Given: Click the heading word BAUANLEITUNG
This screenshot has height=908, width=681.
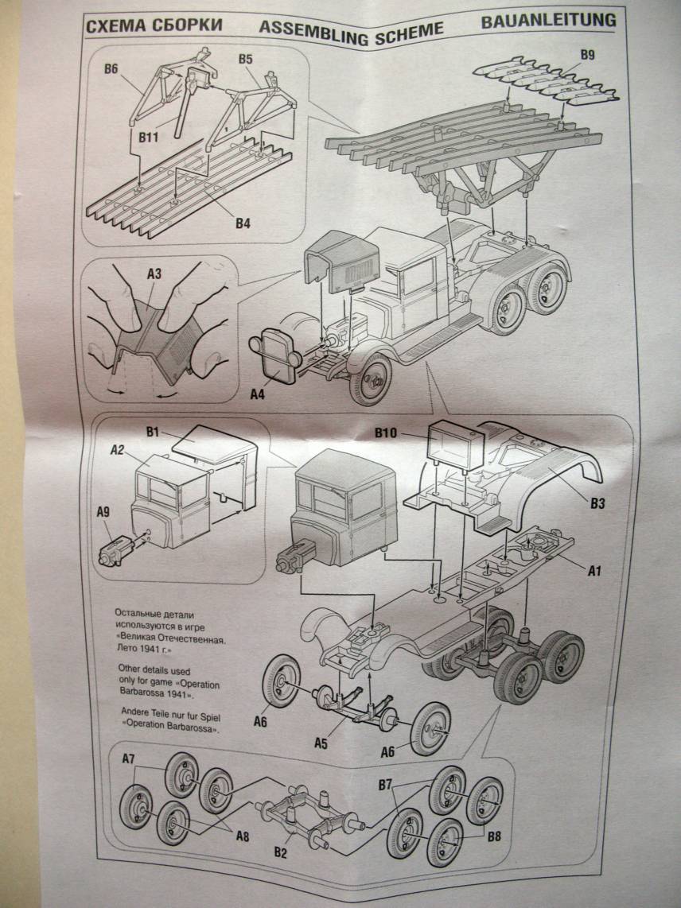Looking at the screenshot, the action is [548, 21].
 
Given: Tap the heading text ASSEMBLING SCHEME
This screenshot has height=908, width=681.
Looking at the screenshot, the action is [351, 29].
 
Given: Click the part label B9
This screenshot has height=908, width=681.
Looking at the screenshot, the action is [587, 55].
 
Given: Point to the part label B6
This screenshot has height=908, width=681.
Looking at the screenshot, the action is [111, 69].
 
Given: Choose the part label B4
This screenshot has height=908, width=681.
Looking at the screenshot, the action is [243, 223].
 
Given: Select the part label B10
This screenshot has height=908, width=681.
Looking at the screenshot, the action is [390, 434].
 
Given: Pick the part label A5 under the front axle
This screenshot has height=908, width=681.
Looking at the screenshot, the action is [321, 743].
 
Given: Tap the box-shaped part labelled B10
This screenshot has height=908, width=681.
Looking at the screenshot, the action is [454, 446].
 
